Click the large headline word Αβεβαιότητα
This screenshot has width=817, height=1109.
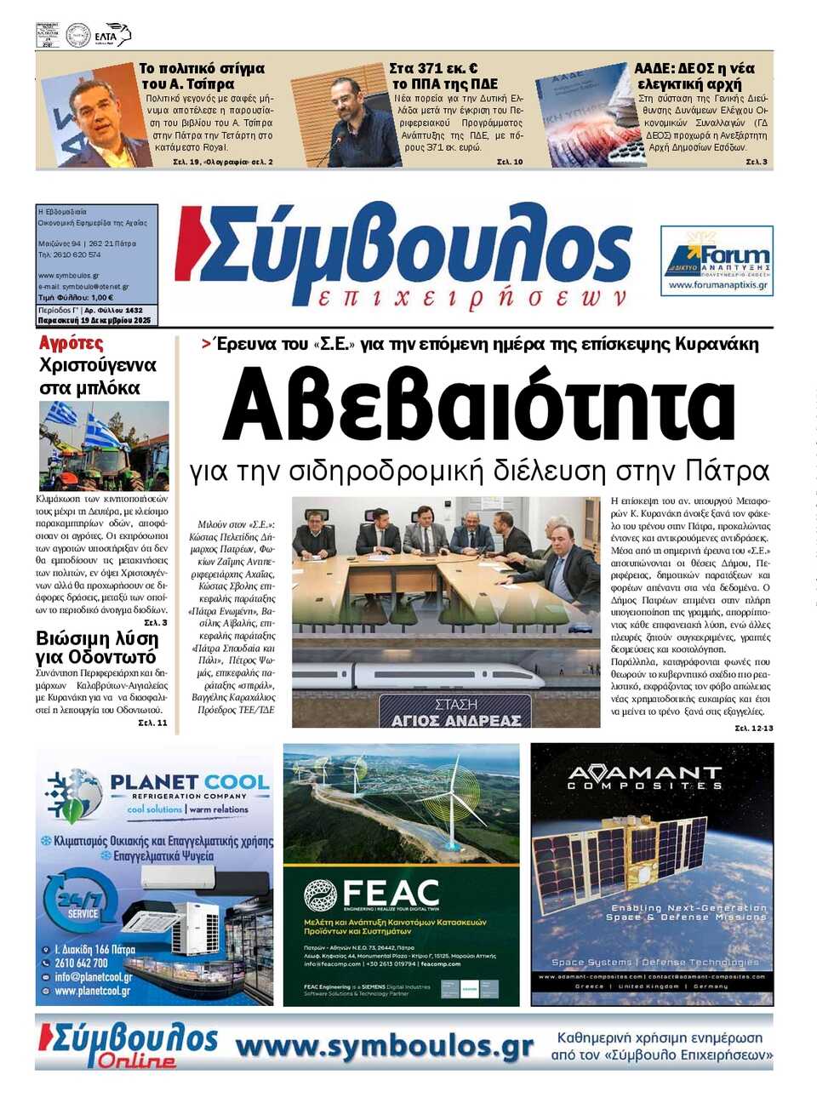[478, 406]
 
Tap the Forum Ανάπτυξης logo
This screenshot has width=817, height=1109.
[717, 260]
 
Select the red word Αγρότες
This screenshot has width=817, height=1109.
[71, 343]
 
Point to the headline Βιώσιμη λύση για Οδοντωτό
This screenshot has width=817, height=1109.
[97, 648]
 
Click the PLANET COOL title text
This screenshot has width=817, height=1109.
[189, 782]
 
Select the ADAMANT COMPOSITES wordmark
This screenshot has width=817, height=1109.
[644, 776]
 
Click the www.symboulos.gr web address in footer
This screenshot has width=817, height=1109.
[384, 1046]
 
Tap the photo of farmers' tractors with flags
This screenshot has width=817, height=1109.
[104, 445]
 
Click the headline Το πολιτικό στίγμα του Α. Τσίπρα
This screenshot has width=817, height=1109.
[203, 76]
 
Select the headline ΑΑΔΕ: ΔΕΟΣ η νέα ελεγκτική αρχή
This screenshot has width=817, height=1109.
[694, 76]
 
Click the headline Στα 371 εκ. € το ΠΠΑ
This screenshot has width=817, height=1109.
[444, 76]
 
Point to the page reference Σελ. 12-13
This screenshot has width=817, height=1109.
[754, 729]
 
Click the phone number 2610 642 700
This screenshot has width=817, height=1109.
[82, 963]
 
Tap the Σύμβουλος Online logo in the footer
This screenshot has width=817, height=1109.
[128, 1045]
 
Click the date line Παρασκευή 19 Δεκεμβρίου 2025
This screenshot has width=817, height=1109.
[94, 321]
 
